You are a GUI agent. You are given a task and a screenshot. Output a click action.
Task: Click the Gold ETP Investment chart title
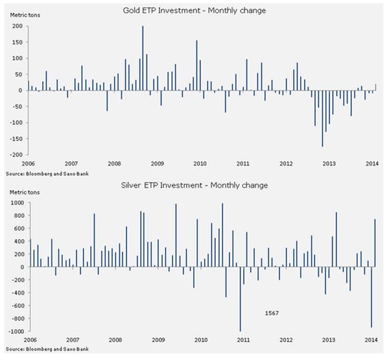(x=194, y=11)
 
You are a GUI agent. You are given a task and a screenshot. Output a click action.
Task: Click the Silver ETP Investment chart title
(x=194, y=186)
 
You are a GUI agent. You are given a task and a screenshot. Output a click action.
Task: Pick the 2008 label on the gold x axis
(x=114, y=164)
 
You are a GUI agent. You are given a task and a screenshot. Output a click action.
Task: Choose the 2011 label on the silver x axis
(x=243, y=340)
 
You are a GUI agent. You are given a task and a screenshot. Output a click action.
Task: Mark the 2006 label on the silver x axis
(x=29, y=340)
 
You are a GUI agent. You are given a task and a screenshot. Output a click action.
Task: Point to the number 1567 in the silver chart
(x=273, y=313)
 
